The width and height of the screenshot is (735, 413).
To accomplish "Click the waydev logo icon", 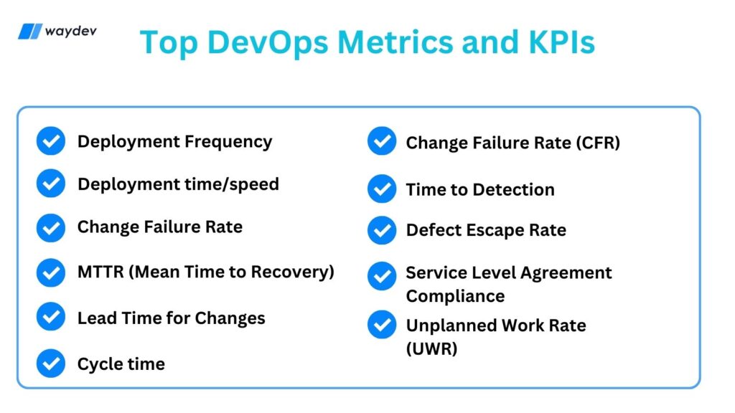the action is pos(30,32).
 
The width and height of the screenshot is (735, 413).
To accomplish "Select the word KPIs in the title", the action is pos(561,42).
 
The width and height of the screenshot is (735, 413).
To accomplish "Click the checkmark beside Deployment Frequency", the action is pos(51,141).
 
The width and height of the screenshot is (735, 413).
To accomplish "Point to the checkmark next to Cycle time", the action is pos(51,364).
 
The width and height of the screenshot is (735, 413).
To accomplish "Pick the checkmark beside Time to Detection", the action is pos(382,189).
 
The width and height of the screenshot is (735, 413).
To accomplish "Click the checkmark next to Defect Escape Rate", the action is pos(382,230).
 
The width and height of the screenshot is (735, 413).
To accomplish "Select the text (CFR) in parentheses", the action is pos(598,143).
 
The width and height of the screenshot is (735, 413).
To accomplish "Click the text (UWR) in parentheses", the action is pos(431,348).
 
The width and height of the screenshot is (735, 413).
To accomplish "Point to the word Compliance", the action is pos(455,296).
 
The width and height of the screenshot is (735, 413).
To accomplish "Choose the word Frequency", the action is pos(228,142).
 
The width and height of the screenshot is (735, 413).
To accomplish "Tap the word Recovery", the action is pos(292,272).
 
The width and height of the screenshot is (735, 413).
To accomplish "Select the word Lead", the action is pos(97,318).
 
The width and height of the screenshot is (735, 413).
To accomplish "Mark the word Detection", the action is pos(513,189).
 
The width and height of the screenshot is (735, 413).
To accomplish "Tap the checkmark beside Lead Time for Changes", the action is pos(51,316).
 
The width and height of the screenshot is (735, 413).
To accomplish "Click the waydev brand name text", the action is pos(71,32).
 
